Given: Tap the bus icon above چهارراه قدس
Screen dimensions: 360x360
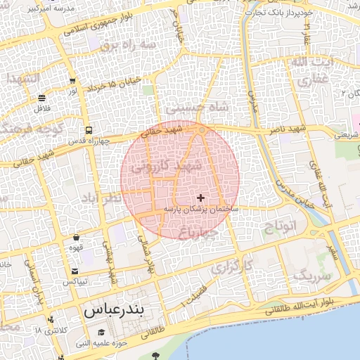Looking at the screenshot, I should click(x=89, y=130).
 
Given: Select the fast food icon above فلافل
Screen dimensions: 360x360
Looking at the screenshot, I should click(x=42, y=98).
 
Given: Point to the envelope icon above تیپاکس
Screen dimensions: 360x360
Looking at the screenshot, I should click(x=75, y=271).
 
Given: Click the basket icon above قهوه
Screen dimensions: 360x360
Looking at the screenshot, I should click(x=76, y=238).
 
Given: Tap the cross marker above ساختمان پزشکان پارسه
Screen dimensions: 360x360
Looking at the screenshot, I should click(x=202, y=198).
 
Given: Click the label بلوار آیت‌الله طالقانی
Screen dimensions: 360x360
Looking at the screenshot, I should click(x=310, y=301).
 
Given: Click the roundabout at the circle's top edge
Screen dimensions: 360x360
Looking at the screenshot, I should click(x=202, y=130).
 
